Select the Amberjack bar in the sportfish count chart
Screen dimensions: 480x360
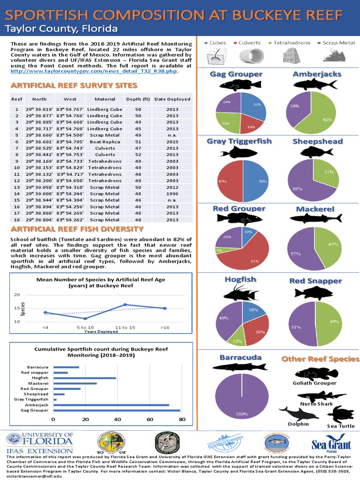pos(111,405)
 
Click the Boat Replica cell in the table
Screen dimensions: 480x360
pos(108,141)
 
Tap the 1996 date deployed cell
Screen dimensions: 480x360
pos(172,193)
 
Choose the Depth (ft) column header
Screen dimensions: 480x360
pos(138,99)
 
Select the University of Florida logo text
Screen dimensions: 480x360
pos(39,441)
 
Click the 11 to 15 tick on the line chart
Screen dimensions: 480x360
pos(125,327)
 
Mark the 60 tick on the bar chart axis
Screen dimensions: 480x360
pos(150,419)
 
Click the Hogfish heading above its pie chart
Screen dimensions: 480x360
pos(240,279)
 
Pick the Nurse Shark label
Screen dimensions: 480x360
pos(316,404)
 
